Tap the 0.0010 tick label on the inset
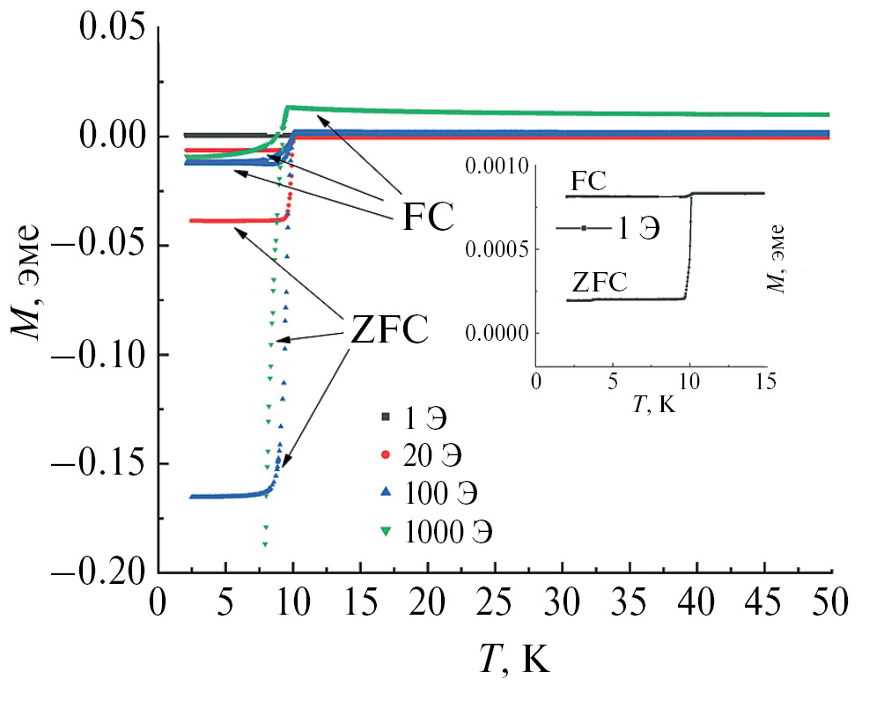coord(500,166)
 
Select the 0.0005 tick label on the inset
coord(500,249)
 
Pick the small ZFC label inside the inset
coord(599,283)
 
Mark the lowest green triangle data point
coord(264,545)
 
